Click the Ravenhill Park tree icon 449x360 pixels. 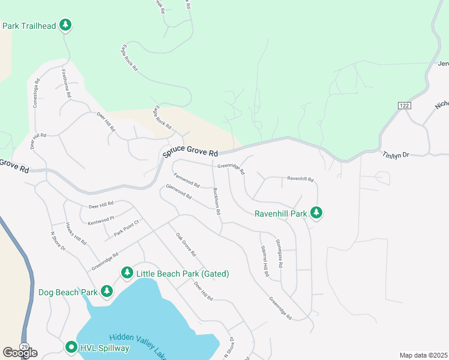pyautogui.click(x=316, y=213)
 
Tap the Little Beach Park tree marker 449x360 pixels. pyautogui.click(x=127, y=274)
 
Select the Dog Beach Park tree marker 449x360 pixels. pyautogui.click(x=107, y=292)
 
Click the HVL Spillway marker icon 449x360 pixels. pyautogui.click(x=71, y=347)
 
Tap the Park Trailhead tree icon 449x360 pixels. pyautogui.click(x=66, y=26)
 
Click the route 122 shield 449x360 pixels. pyautogui.click(x=403, y=105)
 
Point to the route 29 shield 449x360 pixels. pyautogui.click(x=24, y=347)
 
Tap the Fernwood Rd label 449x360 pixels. pyautogui.click(x=186, y=180)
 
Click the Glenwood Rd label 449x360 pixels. pyautogui.click(x=179, y=192)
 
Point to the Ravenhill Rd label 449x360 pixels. pyautogui.click(x=301, y=178)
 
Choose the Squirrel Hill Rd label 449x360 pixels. pyautogui.click(x=265, y=262)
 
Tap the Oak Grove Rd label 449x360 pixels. pyautogui.click(x=186, y=245)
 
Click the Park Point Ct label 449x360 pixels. pyautogui.click(x=127, y=227)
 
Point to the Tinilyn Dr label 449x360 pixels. pyautogui.click(x=396, y=155)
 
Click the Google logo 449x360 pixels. pyautogui.click(x=20, y=353)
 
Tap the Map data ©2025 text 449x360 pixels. pyautogui.click(x=423, y=355)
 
